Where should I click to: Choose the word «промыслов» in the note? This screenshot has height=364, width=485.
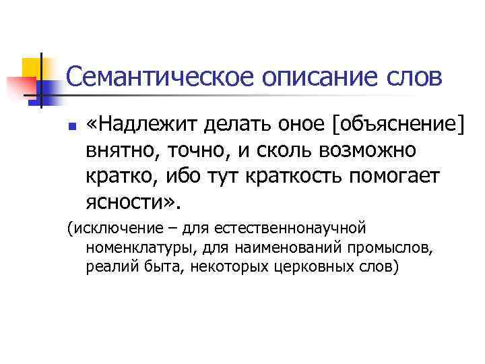[397, 248]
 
